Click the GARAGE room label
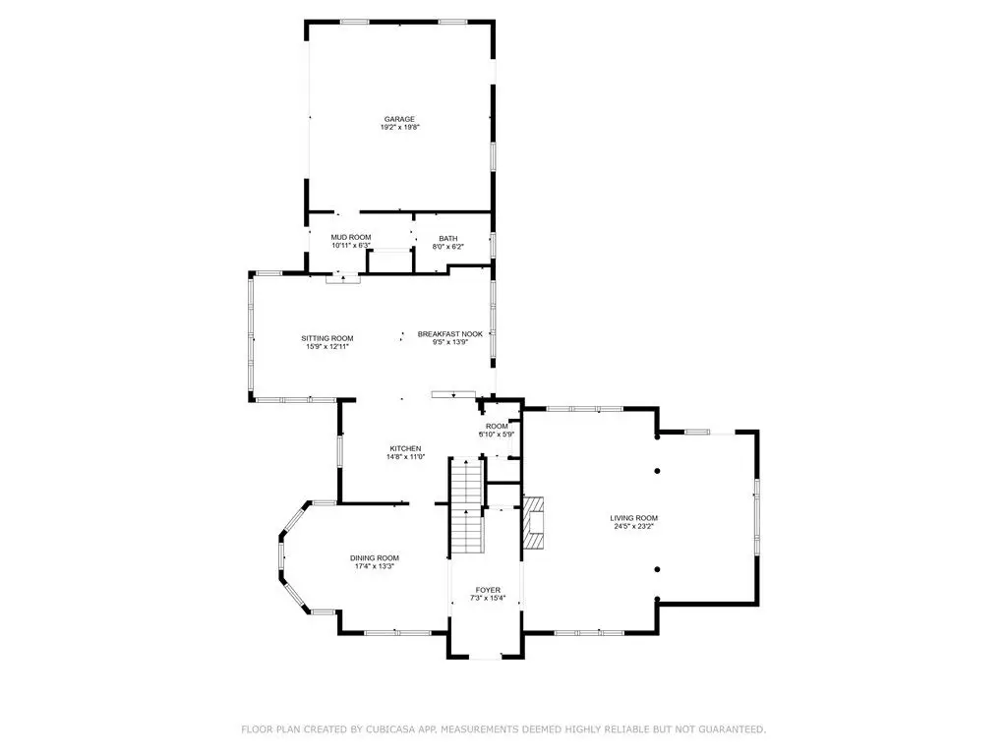[399, 119]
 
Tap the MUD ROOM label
[351, 238]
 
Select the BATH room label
[448, 239]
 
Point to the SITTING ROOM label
[327, 338]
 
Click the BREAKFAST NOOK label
[450, 334]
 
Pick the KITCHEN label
[406, 448]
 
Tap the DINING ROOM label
[375, 558]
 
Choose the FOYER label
[488, 590]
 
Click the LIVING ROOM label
[634, 518]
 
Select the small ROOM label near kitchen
[497, 427]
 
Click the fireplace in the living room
[533, 523]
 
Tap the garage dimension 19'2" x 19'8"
[400, 128]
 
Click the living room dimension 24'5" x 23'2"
[634, 527]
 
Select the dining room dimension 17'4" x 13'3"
[375, 567]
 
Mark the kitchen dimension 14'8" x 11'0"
[406, 457]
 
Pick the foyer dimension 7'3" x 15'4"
[488, 599]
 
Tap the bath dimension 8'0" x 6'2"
[448, 247]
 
